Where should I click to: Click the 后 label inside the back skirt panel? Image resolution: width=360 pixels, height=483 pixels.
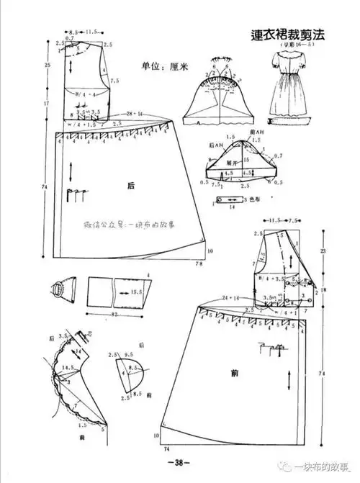131,186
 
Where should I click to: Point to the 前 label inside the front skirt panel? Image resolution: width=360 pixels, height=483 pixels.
235,373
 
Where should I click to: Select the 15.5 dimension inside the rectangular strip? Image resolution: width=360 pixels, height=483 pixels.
136,292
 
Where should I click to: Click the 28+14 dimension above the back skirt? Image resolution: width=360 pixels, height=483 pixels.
135,115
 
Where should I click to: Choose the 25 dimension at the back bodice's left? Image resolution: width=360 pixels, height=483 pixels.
46,66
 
